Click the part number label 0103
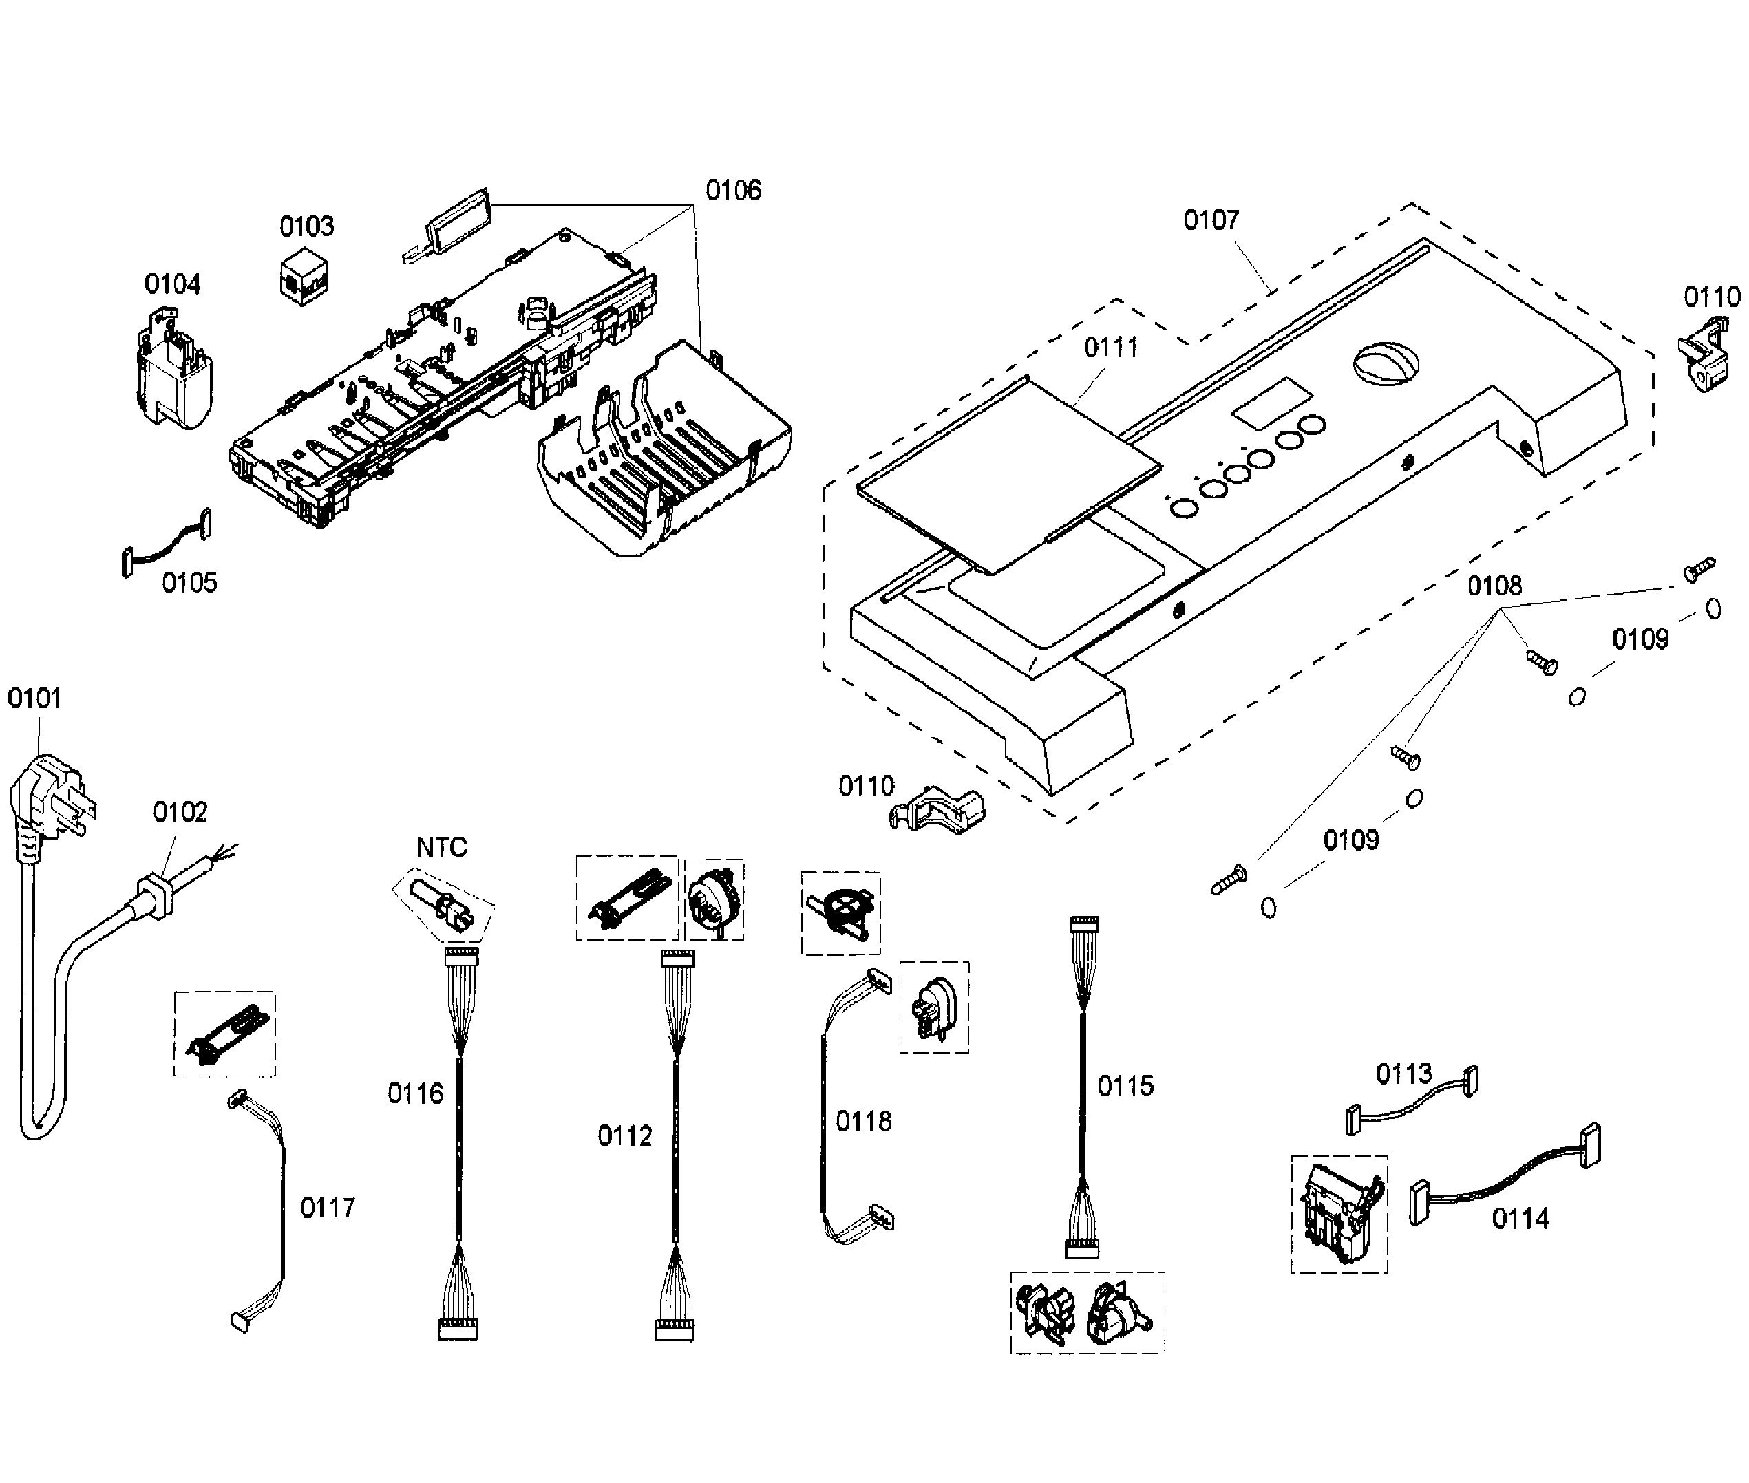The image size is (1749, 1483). (x=306, y=226)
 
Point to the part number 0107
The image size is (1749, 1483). (x=1211, y=220)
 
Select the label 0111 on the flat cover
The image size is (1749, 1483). (x=1111, y=348)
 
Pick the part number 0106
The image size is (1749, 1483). (x=733, y=191)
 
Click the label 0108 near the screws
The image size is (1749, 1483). (x=1494, y=586)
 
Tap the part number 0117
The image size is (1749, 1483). (x=328, y=1208)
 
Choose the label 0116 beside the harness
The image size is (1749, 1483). (x=415, y=1093)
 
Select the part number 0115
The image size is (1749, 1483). (x=1125, y=1086)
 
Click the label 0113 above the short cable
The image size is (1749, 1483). (x=1403, y=1074)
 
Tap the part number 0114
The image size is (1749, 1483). (x=1520, y=1218)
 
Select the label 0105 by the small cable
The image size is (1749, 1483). (x=189, y=583)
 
